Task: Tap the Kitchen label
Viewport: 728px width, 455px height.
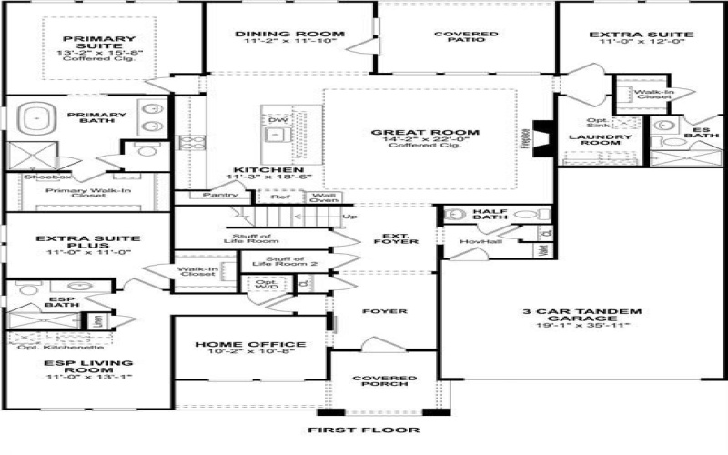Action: coord(268,170)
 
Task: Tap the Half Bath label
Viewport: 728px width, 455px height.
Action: coord(489,216)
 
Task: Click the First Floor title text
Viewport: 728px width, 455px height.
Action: coord(363,428)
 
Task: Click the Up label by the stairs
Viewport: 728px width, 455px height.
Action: coord(349,217)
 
